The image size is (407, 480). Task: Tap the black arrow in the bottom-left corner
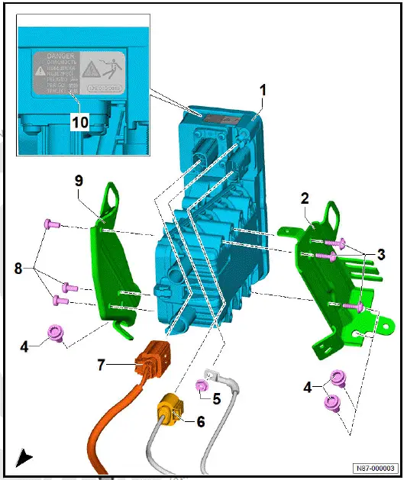24,457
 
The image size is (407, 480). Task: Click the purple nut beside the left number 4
56,332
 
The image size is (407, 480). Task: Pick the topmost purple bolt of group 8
52,224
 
